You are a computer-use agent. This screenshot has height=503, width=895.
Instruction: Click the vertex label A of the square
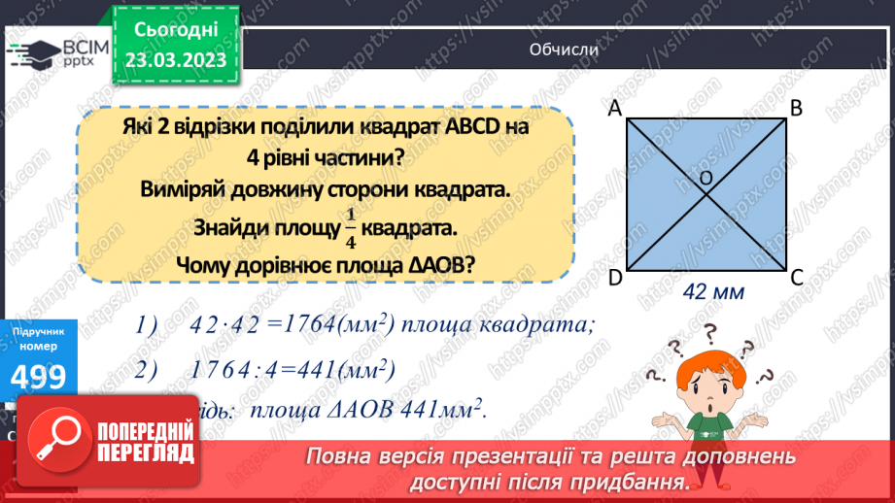coord(614,110)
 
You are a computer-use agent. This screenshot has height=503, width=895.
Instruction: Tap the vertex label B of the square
coord(795,109)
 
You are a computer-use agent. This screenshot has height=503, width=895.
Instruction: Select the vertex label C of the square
coord(796,278)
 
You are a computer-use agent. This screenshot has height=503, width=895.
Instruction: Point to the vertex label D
coord(615,279)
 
